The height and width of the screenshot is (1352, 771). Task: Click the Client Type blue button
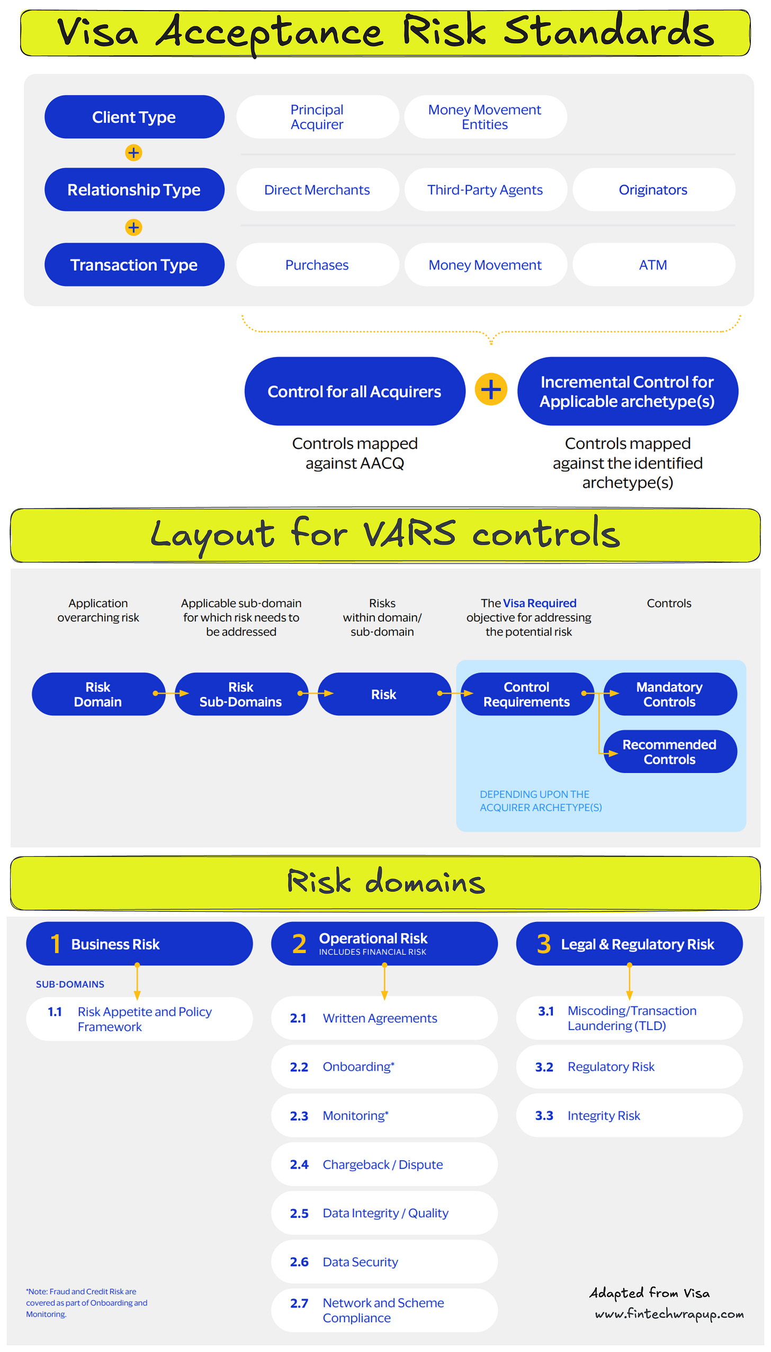coord(134,117)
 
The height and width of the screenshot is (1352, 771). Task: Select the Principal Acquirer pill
coord(317,117)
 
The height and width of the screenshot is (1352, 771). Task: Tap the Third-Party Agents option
coord(485,190)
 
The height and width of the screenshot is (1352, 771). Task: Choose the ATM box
coord(653,265)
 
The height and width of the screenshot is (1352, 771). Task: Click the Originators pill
coord(653,190)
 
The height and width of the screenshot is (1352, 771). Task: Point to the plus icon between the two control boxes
coord(491,390)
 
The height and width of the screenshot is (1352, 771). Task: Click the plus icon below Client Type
coord(133,153)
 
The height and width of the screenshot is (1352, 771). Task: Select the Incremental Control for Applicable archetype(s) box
coord(627,391)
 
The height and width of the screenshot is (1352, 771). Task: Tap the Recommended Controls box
coord(670,752)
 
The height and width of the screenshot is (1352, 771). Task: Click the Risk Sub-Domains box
coord(241,694)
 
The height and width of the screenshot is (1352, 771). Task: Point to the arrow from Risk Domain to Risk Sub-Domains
coord(171,694)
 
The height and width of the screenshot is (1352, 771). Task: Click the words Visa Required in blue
coord(540,603)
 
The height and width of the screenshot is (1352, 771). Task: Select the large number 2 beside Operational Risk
coord(299,944)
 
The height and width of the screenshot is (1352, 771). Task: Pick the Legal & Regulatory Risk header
coord(629,944)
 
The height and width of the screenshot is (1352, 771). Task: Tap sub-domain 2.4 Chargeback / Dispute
coord(384,1165)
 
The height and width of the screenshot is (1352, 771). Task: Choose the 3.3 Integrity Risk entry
coord(629,1116)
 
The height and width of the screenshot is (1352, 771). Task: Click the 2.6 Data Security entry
coord(384,1262)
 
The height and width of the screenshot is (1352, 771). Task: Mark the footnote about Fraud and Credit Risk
coord(87,1303)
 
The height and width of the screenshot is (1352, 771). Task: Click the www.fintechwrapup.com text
coord(669,1314)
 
